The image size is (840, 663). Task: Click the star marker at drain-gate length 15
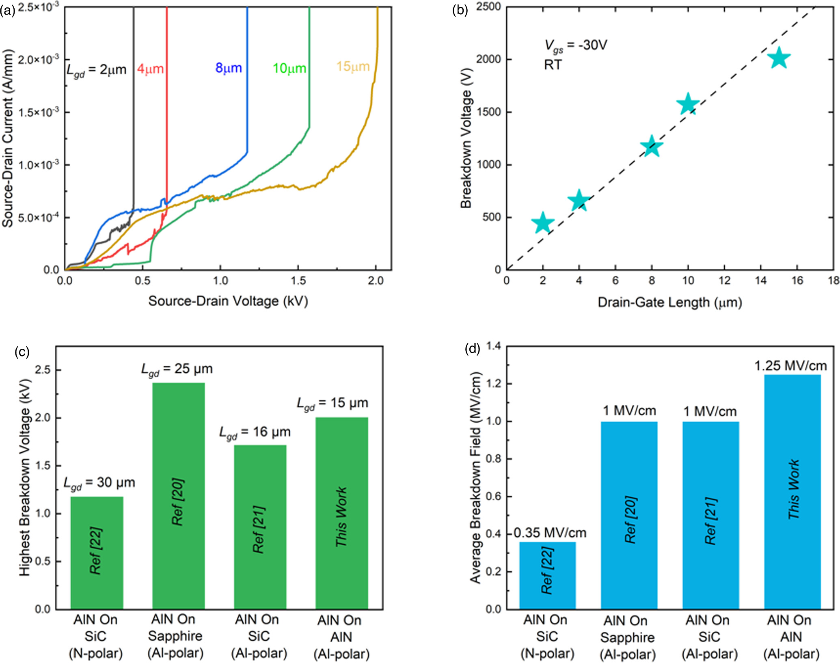[779, 58]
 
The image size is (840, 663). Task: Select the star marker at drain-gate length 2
[542, 222]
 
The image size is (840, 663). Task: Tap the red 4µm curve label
[150, 69]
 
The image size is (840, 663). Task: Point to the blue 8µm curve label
[229, 68]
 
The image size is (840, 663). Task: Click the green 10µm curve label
[289, 68]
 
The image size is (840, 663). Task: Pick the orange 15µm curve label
[353, 67]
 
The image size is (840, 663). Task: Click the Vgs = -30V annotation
[575, 45]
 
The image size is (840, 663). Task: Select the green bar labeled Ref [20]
[178, 495]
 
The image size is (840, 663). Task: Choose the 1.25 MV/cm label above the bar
[790, 366]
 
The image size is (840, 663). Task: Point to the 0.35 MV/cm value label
[550, 533]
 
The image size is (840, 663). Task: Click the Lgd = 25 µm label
[177, 369]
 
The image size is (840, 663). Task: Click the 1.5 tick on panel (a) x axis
[298, 281]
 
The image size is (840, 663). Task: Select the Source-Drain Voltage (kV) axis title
[228, 301]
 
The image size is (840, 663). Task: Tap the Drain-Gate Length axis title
[669, 302]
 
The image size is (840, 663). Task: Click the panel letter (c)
[22, 352]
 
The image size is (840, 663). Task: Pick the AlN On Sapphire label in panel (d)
[627, 637]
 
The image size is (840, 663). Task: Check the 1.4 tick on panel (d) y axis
[494, 346]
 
